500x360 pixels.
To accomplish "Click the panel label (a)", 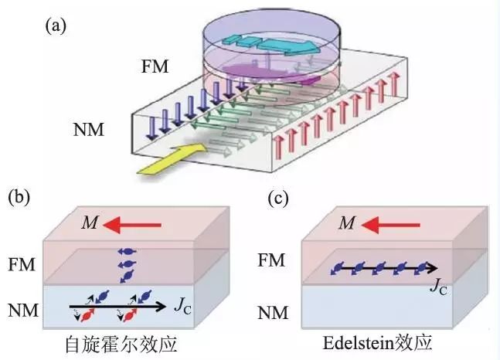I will (x=56, y=25).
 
